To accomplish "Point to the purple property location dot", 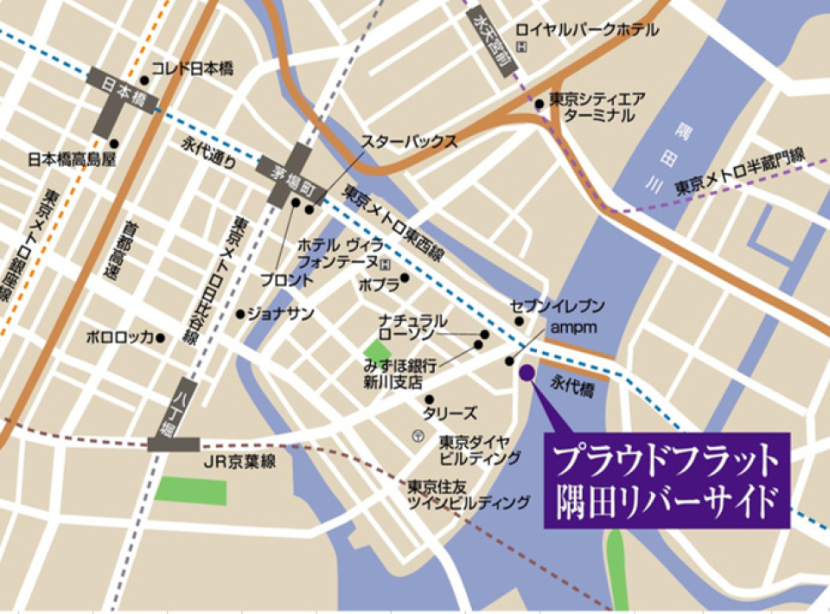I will point(527,372).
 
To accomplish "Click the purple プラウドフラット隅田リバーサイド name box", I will point(667,480).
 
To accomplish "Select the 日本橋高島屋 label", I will point(73,159).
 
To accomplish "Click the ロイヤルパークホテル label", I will point(588,30).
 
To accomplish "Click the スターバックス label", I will point(409,142).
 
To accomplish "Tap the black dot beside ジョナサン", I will point(240,314).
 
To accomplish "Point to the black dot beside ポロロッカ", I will point(160,337).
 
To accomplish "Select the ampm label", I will point(568,328).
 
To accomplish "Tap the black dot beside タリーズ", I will point(429,400).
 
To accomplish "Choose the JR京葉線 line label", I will point(239,462).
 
